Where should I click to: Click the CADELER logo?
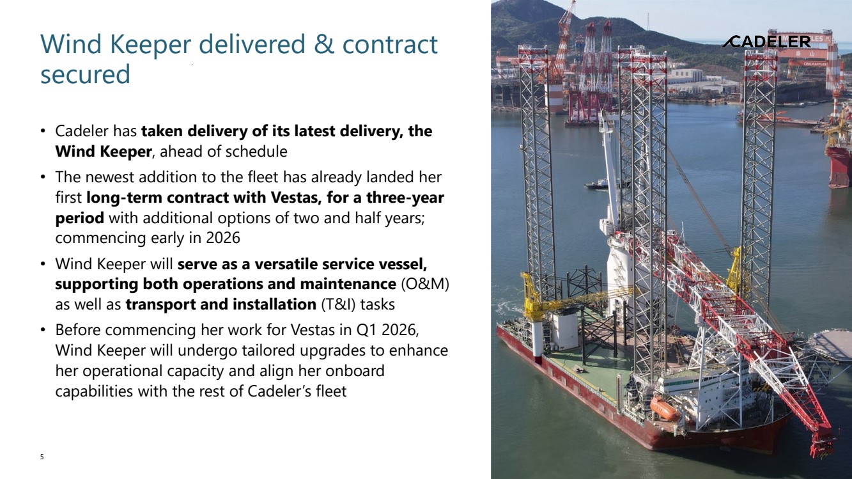tap(766, 42)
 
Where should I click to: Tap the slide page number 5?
tap(42, 457)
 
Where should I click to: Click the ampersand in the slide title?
tap(323, 43)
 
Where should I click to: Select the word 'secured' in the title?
tap(85, 74)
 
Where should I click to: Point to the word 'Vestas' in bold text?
tap(292, 198)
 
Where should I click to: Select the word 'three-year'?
tap(405, 198)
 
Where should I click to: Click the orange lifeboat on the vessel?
tap(665, 409)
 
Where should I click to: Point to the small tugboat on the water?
tap(597, 184)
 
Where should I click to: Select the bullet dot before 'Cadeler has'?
tap(43, 131)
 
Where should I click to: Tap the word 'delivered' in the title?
tap(252, 43)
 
